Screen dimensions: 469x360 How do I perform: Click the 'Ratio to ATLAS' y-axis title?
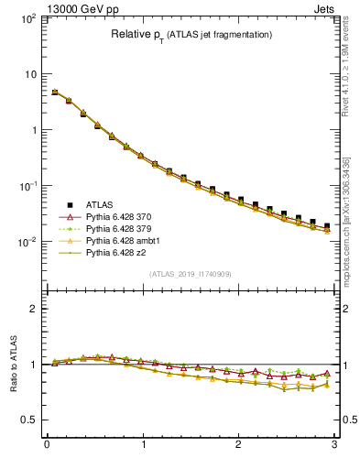(x=14, y=365)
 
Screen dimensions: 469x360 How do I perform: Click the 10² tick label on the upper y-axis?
(x=28, y=18)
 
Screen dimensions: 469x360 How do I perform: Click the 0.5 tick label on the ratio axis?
(x=28, y=420)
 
